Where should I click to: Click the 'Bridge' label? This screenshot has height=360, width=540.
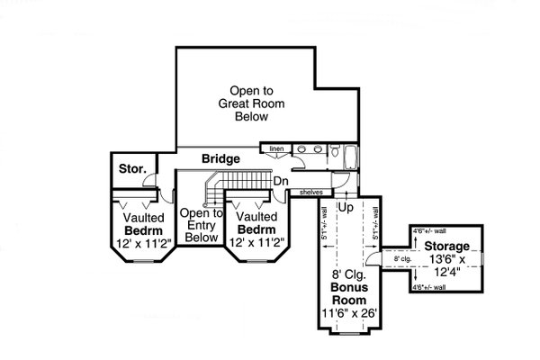click(x=220, y=159)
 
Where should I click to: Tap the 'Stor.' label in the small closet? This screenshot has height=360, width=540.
click(x=132, y=169)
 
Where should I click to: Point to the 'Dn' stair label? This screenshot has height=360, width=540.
click(x=281, y=180)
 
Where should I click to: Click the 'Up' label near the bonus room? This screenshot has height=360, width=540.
click(x=344, y=207)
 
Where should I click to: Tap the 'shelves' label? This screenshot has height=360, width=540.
click(x=311, y=192)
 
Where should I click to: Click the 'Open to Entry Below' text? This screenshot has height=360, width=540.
click(x=200, y=225)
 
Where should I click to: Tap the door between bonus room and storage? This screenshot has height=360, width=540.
click(x=387, y=260)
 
